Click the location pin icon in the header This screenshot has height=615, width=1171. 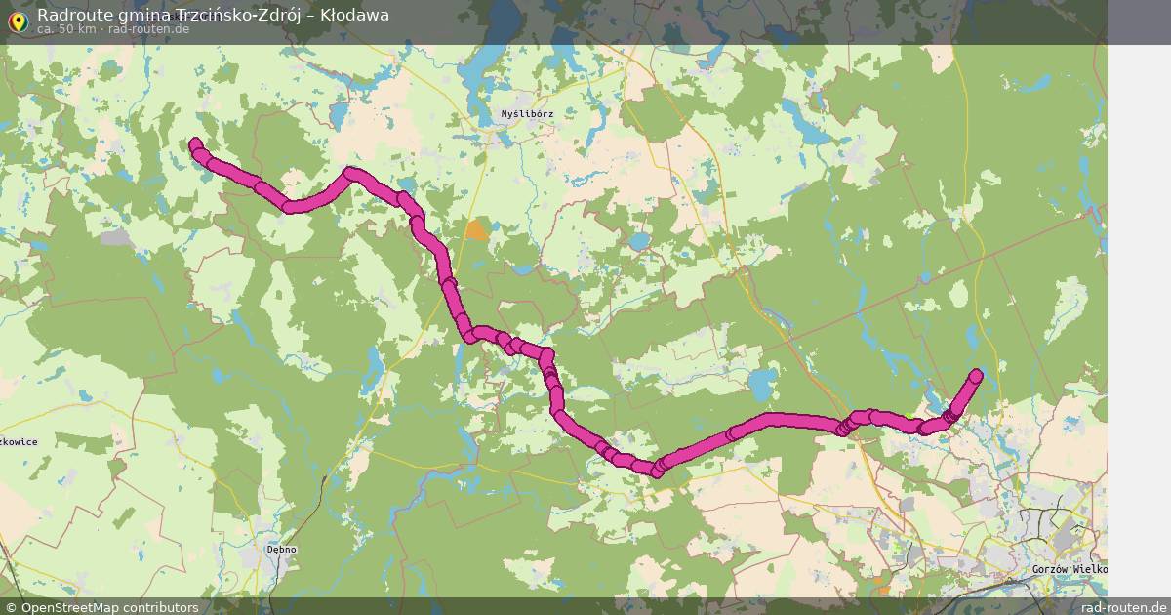tap(16, 19)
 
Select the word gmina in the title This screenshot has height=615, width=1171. tap(141, 15)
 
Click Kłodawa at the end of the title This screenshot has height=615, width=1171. tap(354, 15)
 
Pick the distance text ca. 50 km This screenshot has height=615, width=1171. tap(66, 29)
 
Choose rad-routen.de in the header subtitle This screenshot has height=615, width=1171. tap(148, 29)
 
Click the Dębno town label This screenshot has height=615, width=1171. tap(281, 550)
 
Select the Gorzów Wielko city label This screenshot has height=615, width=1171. tap(1068, 569)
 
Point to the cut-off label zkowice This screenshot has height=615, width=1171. tap(19, 442)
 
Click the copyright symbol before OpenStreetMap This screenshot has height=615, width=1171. tap(11, 607)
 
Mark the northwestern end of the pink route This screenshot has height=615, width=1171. tap(194, 144)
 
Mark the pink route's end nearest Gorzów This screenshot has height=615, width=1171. tap(976, 375)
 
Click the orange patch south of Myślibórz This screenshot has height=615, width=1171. tap(477, 231)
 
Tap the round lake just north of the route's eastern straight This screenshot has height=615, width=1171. tap(762, 380)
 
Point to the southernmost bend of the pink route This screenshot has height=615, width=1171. tap(657, 471)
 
